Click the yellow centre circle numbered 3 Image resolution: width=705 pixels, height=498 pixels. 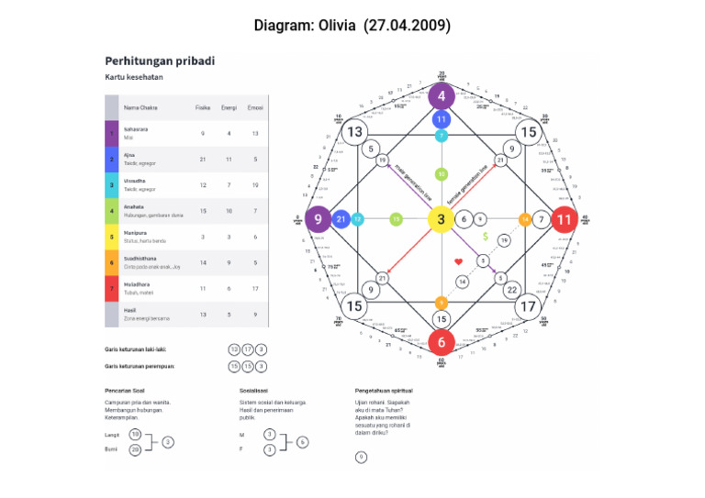(441, 219)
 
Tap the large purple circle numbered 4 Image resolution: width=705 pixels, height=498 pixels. (441, 95)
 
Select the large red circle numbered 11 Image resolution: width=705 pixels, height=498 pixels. (564, 219)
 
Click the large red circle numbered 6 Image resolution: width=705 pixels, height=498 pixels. (441, 342)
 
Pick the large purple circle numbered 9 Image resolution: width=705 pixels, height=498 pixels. (318, 219)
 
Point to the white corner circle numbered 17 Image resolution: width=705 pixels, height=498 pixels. (528, 306)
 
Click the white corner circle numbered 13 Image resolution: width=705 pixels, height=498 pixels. (354, 133)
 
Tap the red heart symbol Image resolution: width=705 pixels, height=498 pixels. (458, 262)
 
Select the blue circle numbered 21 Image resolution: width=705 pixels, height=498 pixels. (341, 219)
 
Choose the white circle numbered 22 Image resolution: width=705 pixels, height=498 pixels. (511, 290)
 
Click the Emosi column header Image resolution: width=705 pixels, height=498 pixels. (255, 107)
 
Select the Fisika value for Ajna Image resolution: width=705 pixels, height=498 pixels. (202, 159)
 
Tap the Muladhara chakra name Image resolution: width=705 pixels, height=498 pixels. (136, 285)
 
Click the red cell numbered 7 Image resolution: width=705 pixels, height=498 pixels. (112, 289)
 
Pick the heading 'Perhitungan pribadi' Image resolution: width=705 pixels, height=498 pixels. (160, 61)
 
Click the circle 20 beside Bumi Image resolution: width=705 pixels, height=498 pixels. (135, 449)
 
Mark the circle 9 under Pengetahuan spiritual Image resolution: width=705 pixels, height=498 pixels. (361, 457)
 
